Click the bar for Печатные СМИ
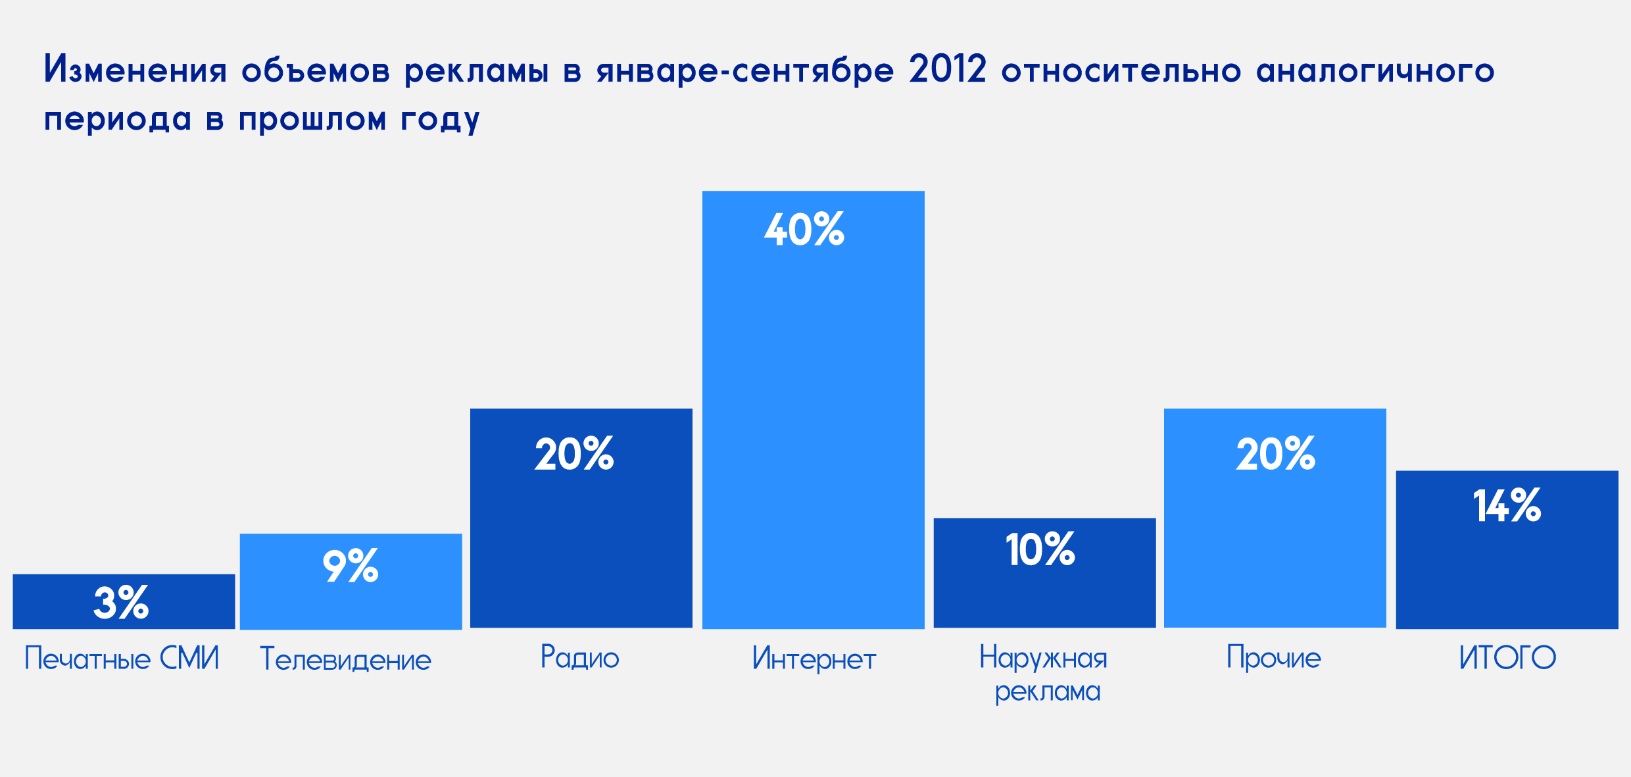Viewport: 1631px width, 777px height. tap(124, 601)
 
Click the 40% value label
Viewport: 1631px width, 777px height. tap(804, 230)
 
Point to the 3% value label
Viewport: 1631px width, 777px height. tap(121, 602)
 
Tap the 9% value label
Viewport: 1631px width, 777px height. tap(351, 565)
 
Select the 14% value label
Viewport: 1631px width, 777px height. tap(1507, 505)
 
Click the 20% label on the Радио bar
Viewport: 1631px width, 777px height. tap(574, 453)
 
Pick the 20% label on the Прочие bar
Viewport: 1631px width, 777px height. tap(1276, 453)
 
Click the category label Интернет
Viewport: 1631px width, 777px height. tap(814, 659)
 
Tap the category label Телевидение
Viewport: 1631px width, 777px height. tap(346, 659)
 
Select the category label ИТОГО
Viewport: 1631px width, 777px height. tap(1507, 658)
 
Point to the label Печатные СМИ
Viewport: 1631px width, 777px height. tap(122, 658)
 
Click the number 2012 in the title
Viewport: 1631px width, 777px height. tap(948, 69)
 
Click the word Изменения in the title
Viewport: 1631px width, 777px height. tap(135, 69)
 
